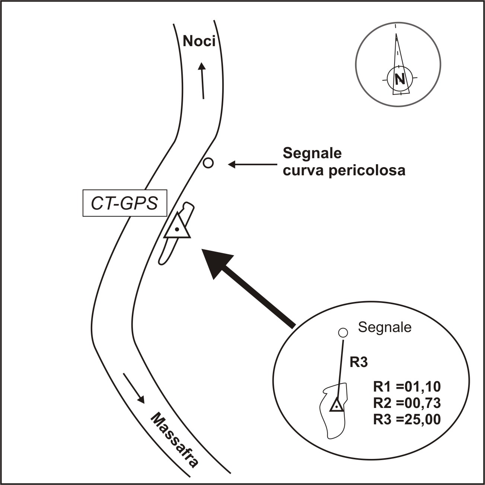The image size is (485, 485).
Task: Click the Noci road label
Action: (x=199, y=41)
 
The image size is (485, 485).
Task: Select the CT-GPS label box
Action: (x=125, y=204)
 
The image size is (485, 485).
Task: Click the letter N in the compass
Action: (x=400, y=79)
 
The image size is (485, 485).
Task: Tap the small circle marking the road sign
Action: (x=208, y=163)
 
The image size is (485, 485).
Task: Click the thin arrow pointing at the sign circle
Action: (x=253, y=164)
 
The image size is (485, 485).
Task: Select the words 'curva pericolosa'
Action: (x=344, y=171)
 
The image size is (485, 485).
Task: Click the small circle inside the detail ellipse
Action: (x=343, y=332)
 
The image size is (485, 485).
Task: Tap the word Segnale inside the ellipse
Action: (x=385, y=327)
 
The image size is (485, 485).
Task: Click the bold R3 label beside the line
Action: (x=359, y=362)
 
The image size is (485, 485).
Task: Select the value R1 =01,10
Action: (x=407, y=387)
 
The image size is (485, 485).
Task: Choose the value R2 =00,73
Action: (x=407, y=403)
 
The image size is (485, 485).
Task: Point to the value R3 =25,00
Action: (x=407, y=419)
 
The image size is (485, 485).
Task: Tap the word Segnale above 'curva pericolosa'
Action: (x=312, y=153)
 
